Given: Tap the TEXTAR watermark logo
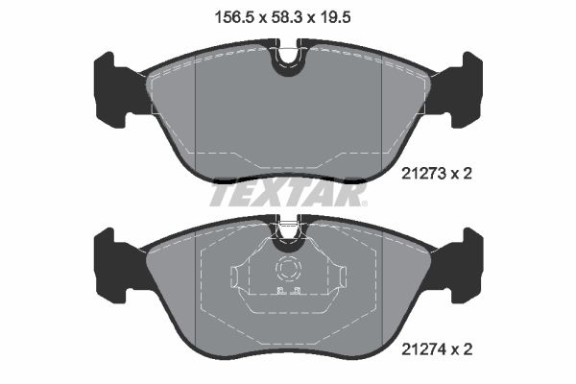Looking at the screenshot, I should tap(287, 194).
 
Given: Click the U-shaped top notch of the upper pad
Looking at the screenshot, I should tap(286, 61).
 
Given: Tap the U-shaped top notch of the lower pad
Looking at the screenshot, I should tap(286, 230).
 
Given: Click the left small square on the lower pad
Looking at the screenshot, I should tap(278, 291).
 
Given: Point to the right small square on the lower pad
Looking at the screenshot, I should tap(298, 291).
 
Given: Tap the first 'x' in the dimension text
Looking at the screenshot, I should tap(258, 16).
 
